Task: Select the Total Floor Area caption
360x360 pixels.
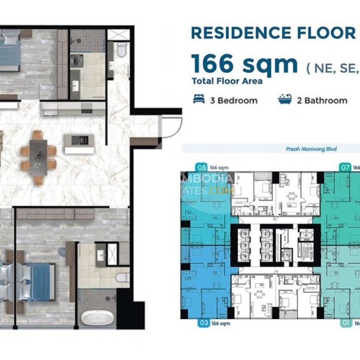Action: pos(227,82)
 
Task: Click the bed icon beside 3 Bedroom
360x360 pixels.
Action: pos(199,100)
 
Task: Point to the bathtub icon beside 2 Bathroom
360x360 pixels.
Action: pos(285,100)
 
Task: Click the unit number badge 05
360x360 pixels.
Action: pos(201,167)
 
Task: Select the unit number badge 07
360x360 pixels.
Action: pos(344,167)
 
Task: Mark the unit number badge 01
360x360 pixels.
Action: pos(346,323)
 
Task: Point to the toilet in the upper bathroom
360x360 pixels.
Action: pos(121,49)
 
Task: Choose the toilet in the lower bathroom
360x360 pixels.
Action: pos(122,277)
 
